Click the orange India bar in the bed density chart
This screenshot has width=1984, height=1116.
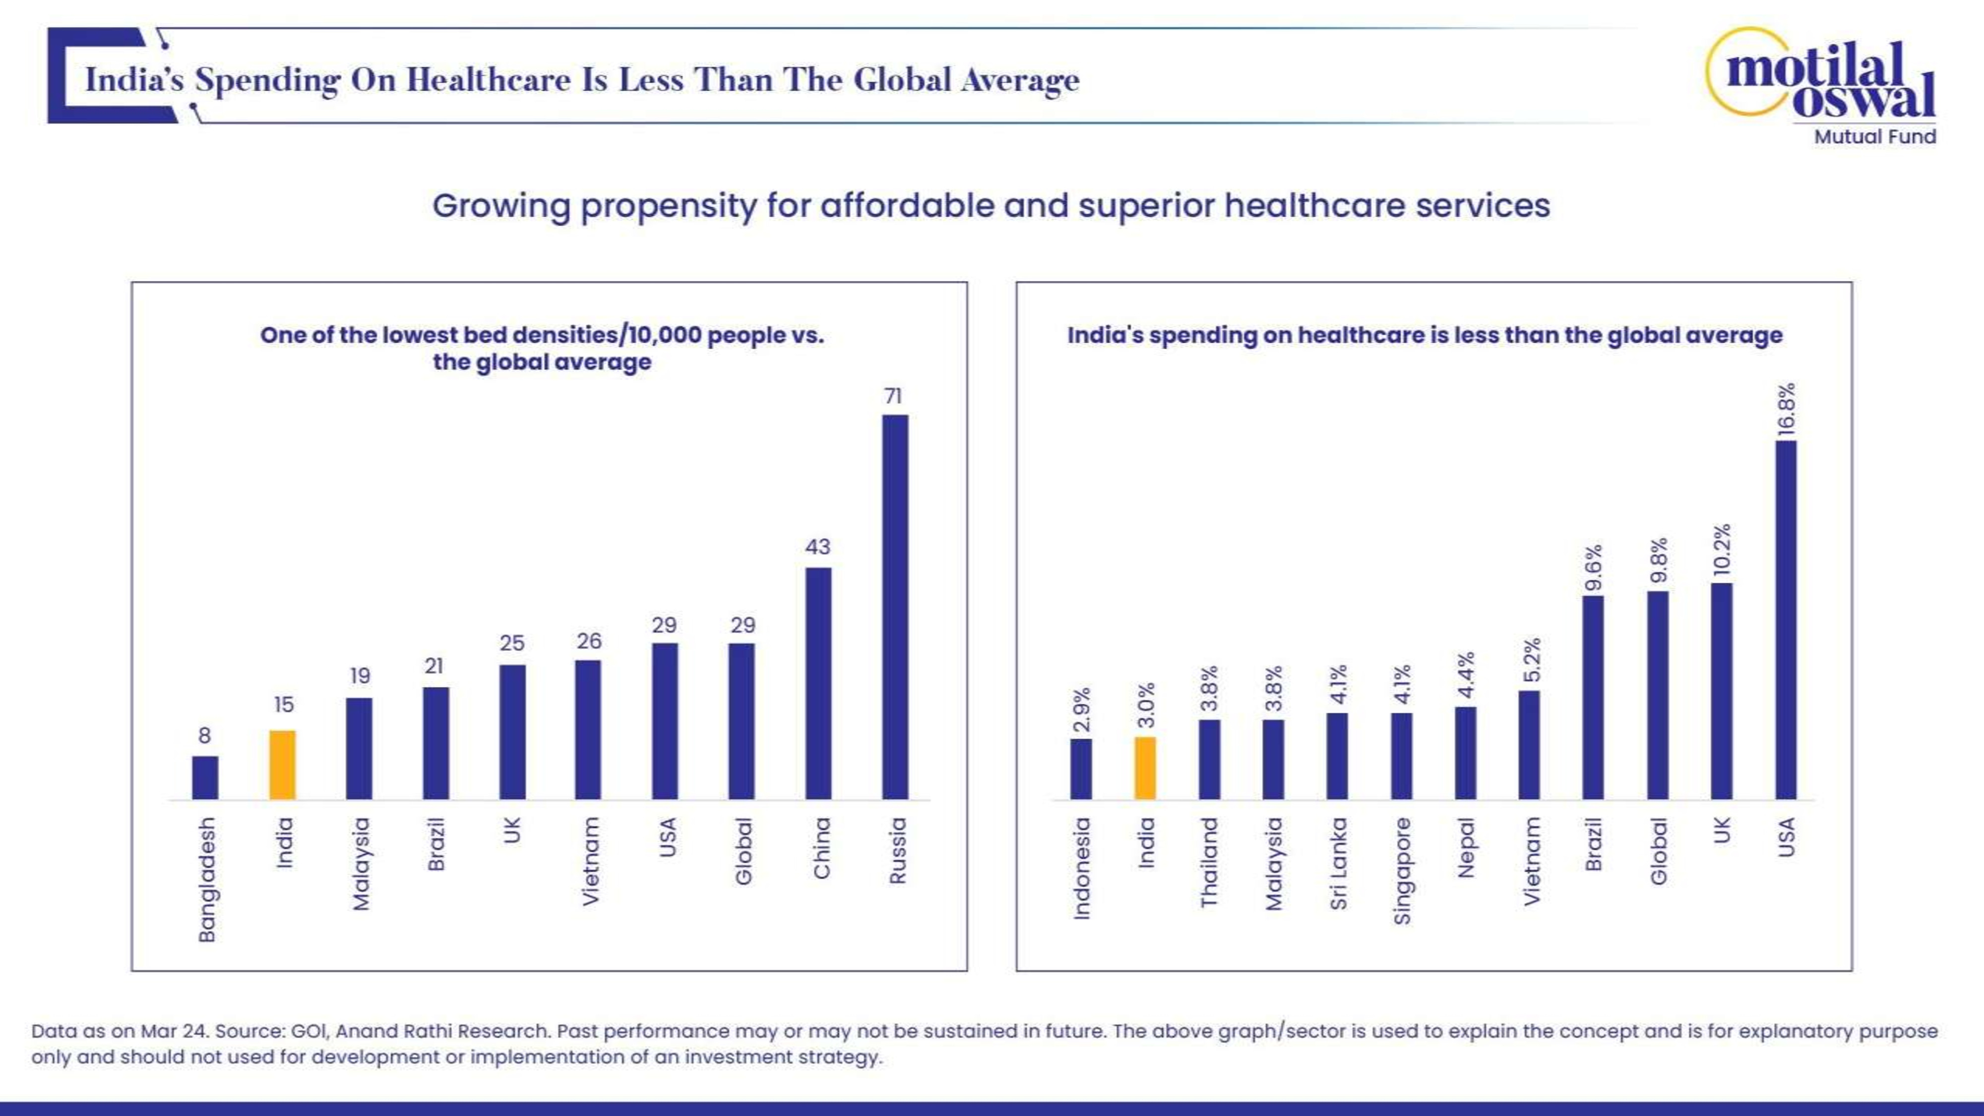[282, 765]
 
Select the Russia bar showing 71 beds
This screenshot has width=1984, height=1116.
[894, 607]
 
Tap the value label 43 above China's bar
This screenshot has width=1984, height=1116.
[817, 547]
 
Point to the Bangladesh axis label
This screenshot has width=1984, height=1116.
[206, 879]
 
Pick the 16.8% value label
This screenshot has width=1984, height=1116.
[1786, 410]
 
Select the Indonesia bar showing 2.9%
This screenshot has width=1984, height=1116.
[1081, 769]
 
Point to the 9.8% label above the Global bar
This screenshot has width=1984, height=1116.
[1658, 560]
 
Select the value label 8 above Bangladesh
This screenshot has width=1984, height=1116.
[204, 736]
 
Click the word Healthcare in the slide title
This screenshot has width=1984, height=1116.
[488, 80]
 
